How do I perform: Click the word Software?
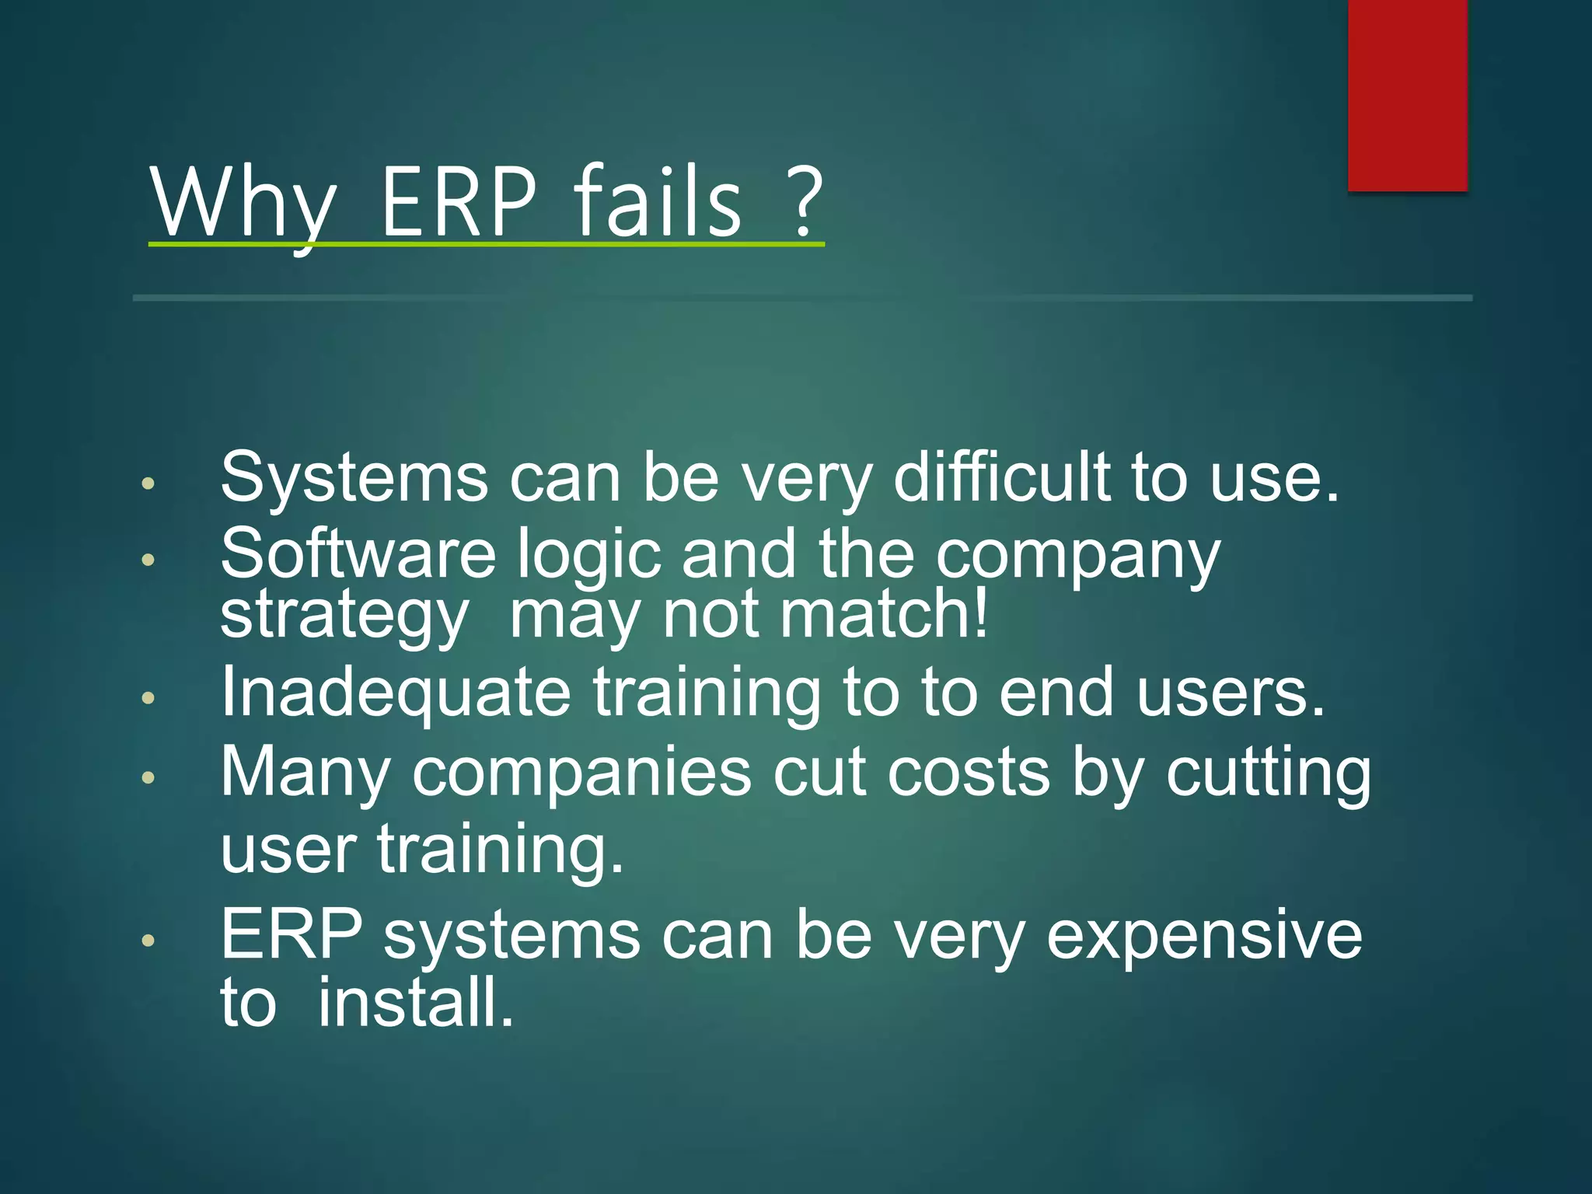tap(358, 553)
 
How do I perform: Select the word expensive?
tap(1204, 937)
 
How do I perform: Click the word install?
tap(416, 1003)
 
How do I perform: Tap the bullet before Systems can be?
tap(148, 484)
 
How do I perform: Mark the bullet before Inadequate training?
tap(148, 698)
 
